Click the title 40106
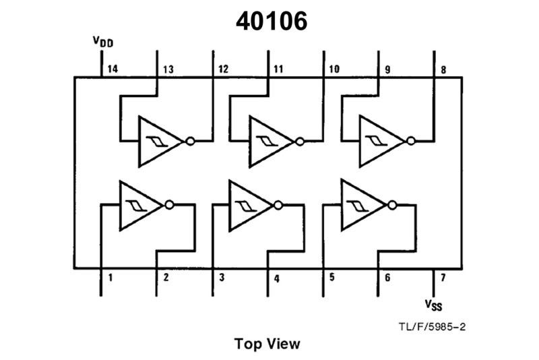272,22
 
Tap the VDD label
103,42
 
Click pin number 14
112,69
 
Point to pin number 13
168,69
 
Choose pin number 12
223,69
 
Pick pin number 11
278,69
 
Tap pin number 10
334,69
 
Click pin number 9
387,69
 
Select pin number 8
443,69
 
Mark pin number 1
109,277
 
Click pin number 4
276,277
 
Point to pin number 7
442,277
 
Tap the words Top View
267,343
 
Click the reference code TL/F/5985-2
433,327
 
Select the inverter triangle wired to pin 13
158,141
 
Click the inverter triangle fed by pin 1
139,205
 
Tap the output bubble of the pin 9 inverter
410,141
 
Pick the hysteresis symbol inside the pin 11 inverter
264,142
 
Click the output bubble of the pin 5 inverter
391,205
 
